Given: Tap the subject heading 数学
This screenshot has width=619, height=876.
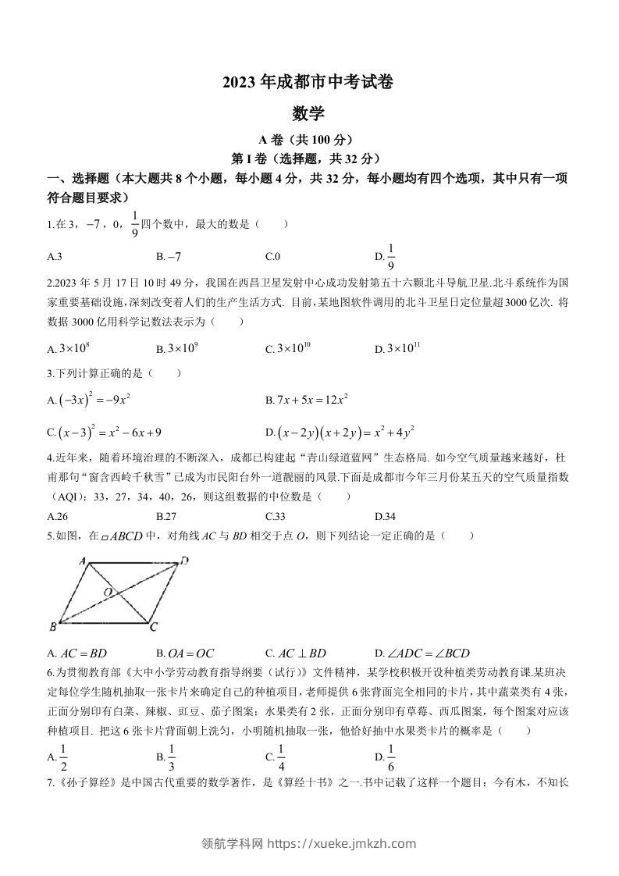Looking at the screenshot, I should [x=308, y=114].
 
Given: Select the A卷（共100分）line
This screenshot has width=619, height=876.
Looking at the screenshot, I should [x=308, y=141].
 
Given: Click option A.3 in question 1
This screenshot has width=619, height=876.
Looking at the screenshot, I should [x=55, y=256].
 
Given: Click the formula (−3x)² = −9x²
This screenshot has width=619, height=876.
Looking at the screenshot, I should [x=92, y=399].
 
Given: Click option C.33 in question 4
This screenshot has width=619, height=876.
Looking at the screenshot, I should [x=273, y=516].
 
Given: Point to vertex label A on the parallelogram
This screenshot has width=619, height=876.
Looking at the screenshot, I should [x=82, y=561].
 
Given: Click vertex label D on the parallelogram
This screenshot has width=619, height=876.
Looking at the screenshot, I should [x=184, y=560].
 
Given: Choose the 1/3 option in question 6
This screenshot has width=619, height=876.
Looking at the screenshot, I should [x=171, y=756].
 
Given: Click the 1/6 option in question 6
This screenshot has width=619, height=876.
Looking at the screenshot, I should [x=390, y=756].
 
